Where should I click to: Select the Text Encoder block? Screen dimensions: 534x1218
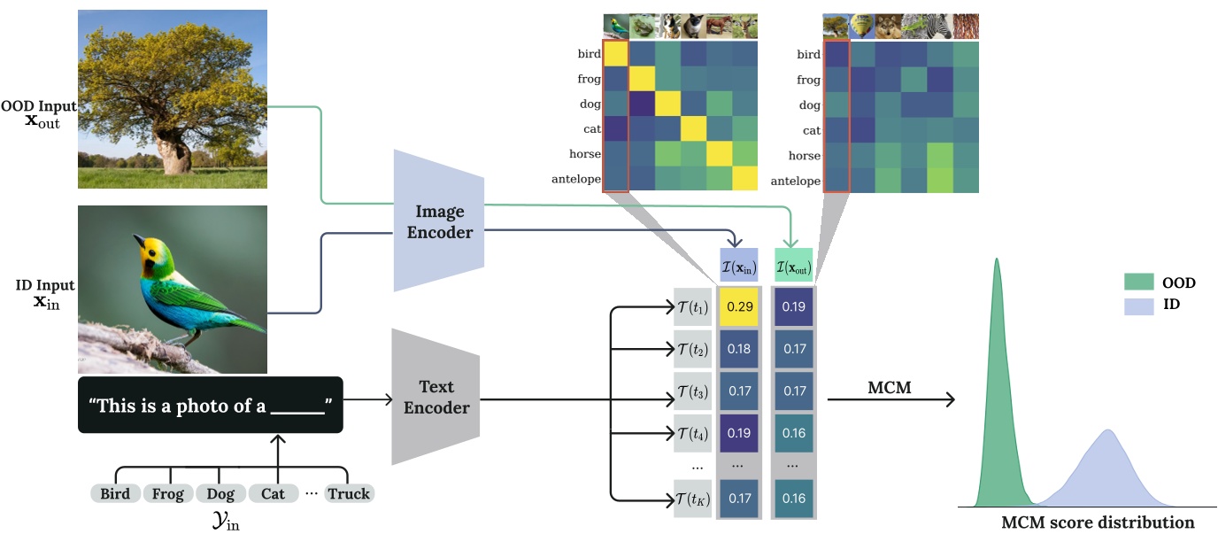pyautogui.click(x=436, y=398)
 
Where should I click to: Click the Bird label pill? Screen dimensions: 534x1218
pyautogui.click(x=115, y=493)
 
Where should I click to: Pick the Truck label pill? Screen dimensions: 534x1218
pyautogui.click(x=349, y=493)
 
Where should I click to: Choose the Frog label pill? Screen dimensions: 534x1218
pyautogui.click(x=167, y=493)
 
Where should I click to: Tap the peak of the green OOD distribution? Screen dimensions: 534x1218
pyautogui.click(x=997, y=260)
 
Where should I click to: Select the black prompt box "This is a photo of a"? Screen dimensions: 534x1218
pyautogui.click(x=210, y=406)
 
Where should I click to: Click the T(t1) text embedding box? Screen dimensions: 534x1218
pyautogui.click(x=693, y=306)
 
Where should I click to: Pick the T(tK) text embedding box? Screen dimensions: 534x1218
pyautogui.click(x=693, y=498)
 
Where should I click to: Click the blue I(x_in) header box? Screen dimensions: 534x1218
pyautogui.click(x=739, y=266)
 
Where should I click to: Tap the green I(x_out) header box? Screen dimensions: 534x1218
pyautogui.click(x=793, y=266)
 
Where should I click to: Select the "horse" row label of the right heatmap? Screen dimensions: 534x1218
pyautogui.click(x=803, y=155)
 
